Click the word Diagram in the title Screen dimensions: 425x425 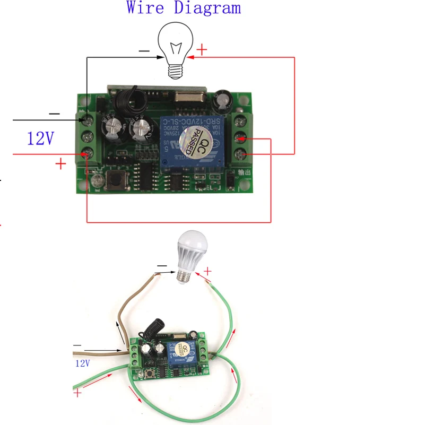point(207,8)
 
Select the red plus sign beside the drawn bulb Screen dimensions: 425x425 point(202,50)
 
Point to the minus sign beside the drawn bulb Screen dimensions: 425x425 point(144,50)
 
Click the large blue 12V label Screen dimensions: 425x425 point(41,139)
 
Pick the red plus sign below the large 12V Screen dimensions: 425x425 point(60,164)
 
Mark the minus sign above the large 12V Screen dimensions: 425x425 point(54,114)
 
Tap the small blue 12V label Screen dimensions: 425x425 point(82,364)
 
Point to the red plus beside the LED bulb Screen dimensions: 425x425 point(207,272)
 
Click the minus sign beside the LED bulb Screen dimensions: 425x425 point(161,266)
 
